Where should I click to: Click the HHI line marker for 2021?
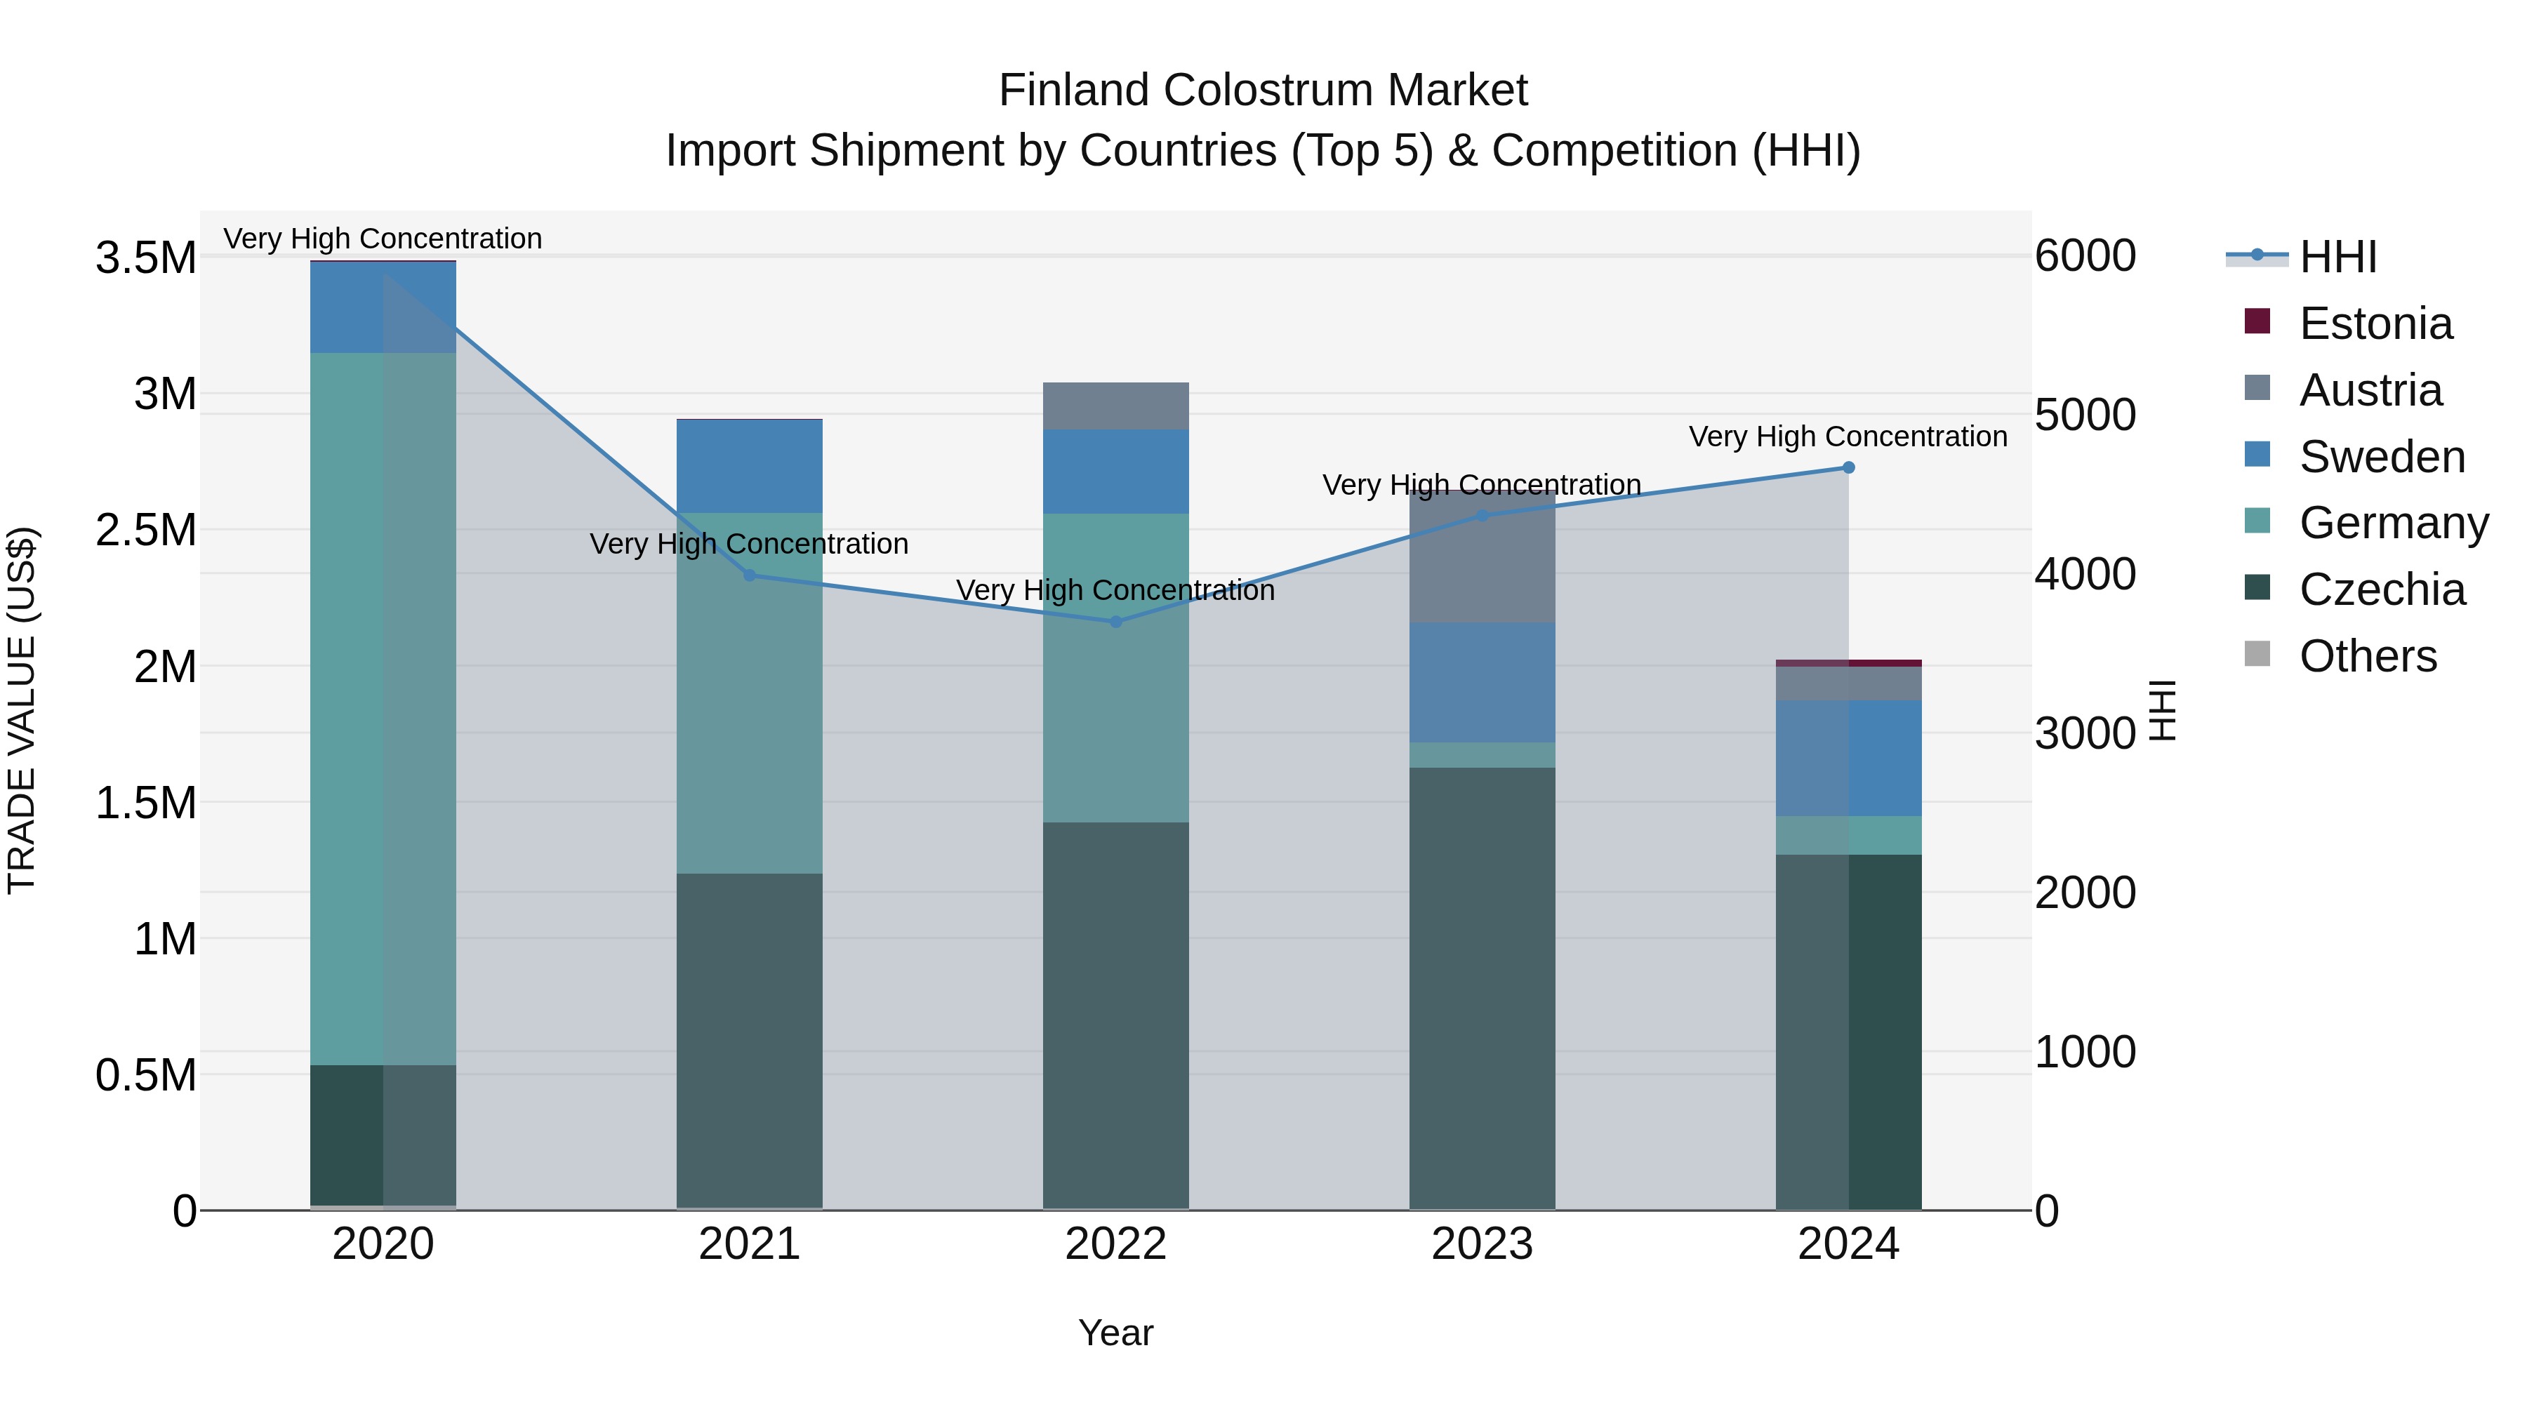pyautogui.click(x=750, y=575)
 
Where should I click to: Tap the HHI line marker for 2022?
pyautogui.click(x=1115, y=622)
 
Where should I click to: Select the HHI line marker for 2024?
pyautogui.click(x=1848, y=468)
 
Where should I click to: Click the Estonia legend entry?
pyautogui.click(x=2374, y=323)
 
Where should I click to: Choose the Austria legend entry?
pyautogui.click(x=2369, y=390)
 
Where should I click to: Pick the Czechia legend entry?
pyautogui.click(x=2381, y=589)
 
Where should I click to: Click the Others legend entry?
pyautogui.click(x=2366, y=656)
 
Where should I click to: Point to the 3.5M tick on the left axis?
pyautogui.click(x=145, y=258)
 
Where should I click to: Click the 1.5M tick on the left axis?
pyautogui.click(x=145, y=803)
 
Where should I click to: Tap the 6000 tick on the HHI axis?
pyautogui.click(x=2085, y=256)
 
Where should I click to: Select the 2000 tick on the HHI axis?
pyautogui.click(x=2085, y=893)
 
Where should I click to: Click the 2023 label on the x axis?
pyautogui.click(x=1481, y=1244)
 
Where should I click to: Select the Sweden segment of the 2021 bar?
pyautogui.click(x=750, y=466)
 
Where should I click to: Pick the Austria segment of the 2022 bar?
pyautogui.click(x=1115, y=406)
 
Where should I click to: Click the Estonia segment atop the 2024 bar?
pyautogui.click(x=1848, y=663)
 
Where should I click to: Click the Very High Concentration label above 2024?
pyautogui.click(x=1848, y=436)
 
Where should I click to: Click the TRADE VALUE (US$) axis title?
pyautogui.click(x=22, y=710)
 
